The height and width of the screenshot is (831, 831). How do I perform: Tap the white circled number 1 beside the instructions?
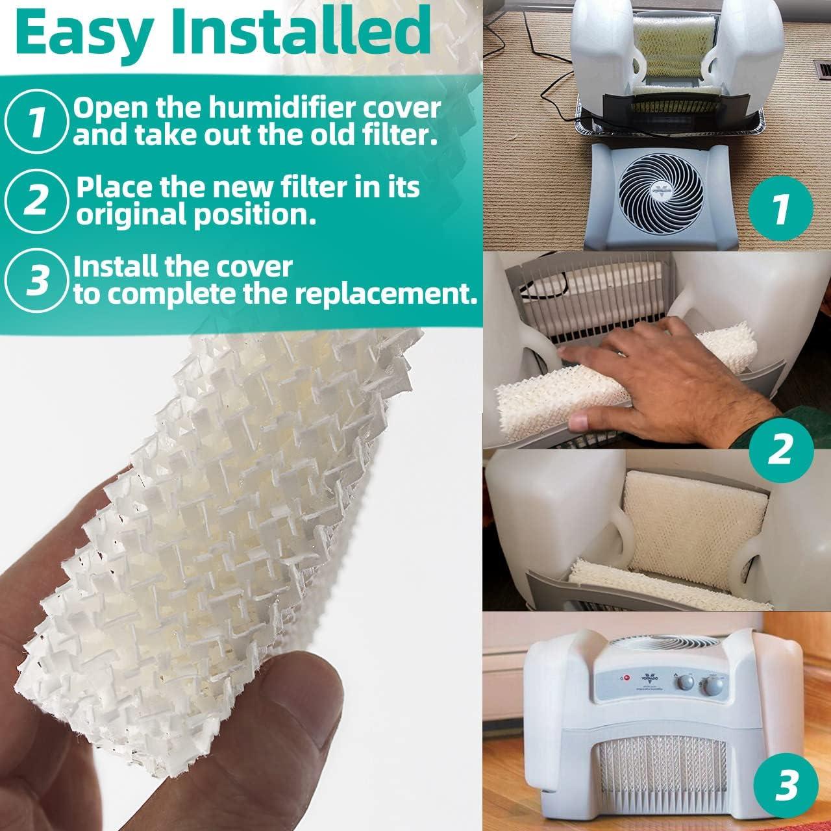pos(38,119)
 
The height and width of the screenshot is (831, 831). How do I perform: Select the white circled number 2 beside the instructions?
pos(38,197)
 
